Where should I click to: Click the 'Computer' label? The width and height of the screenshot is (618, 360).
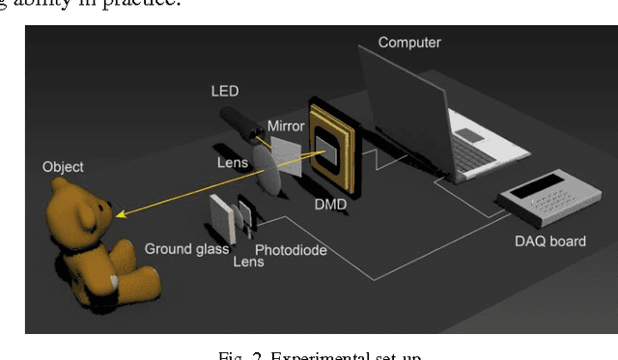point(408,42)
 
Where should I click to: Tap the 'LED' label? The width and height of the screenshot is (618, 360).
point(225,92)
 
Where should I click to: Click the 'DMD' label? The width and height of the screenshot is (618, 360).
point(330,205)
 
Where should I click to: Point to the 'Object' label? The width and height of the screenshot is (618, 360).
point(63,166)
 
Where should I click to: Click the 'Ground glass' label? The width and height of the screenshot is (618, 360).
point(186,249)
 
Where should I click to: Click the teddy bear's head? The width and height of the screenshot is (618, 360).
point(77,208)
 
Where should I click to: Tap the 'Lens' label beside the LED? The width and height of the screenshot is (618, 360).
point(232,163)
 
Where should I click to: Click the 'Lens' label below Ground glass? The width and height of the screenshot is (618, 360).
point(248,262)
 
